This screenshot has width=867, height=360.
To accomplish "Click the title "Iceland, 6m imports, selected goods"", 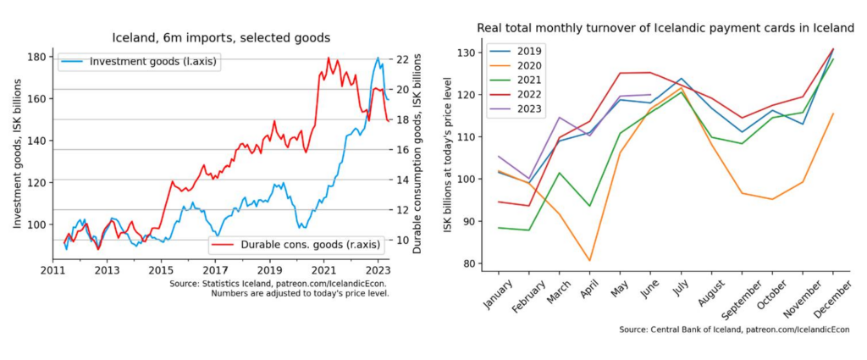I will [x=221, y=37].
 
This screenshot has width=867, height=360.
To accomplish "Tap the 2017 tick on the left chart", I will [x=214, y=270].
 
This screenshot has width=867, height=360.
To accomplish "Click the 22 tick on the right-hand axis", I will [x=403, y=59].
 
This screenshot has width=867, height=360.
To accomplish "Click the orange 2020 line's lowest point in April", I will [x=589, y=261].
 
